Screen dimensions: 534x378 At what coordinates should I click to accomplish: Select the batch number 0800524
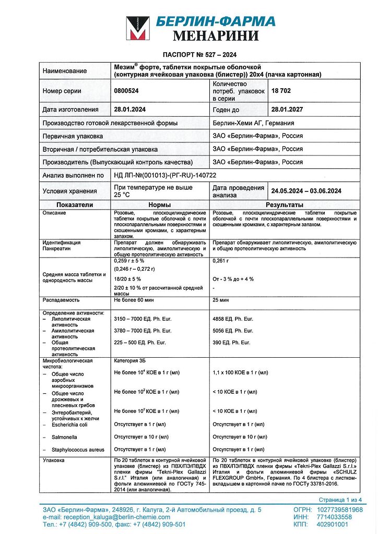tap(127, 91)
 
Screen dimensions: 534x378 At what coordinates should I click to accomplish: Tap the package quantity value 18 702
tap(281, 91)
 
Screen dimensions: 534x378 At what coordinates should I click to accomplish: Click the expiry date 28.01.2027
tap(287, 110)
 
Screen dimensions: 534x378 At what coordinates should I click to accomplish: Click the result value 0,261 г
tap(222, 260)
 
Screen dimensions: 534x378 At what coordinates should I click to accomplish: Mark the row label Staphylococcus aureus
tap(78, 450)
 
